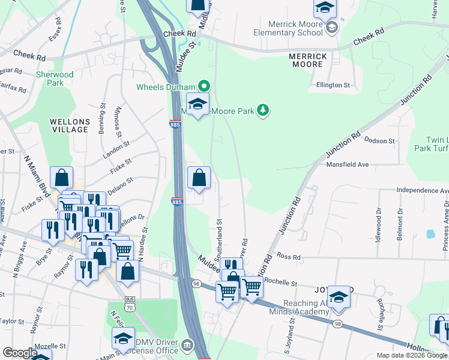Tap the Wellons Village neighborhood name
click(70, 126)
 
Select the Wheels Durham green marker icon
click(203, 86)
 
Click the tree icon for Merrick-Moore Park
click(262, 110)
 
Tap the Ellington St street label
click(333, 86)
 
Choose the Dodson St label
click(379, 140)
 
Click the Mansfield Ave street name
click(346, 164)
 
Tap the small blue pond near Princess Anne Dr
click(430, 233)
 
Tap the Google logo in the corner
click(20, 353)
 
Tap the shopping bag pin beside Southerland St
click(199, 178)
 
